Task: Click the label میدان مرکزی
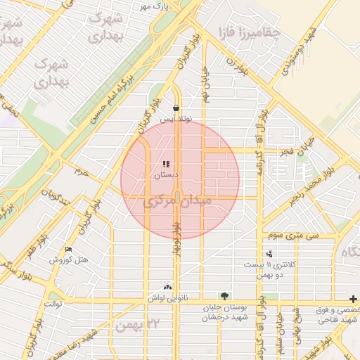tap(177, 202)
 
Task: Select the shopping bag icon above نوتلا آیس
tap(176, 108)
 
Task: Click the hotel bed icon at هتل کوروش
tap(68, 249)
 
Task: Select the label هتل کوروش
tap(69, 260)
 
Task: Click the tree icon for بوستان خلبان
tap(224, 296)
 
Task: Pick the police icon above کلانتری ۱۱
tap(269, 254)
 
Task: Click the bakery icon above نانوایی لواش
tap(167, 287)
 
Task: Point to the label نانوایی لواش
tap(161, 298)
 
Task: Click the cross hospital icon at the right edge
tap(354, 299)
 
